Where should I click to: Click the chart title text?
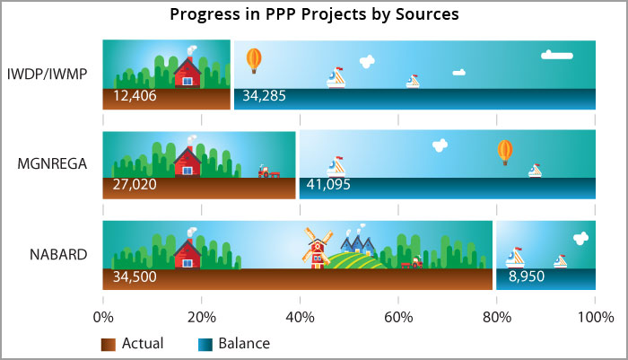click(x=314, y=14)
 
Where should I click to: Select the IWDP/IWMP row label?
click(x=48, y=75)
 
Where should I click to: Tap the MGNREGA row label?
click(x=52, y=164)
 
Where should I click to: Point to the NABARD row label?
click(x=58, y=255)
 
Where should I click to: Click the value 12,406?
click(x=135, y=96)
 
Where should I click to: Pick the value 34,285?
click(x=265, y=96)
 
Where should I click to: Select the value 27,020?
click(x=135, y=184)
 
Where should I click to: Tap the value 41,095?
click(x=328, y=184)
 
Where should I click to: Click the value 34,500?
click(x=135, y=277)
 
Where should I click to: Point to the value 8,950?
click(x=527, y=277)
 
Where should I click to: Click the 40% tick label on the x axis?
click(x=300, y=318)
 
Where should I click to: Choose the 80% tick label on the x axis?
click(x=497, y=318)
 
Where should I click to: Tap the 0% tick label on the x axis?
click(x=103, y=318)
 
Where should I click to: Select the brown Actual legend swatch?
click(x=109, y=345)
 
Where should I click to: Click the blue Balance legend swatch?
click(x=205, y=345)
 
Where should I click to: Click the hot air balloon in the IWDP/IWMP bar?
click(x=254, y=60)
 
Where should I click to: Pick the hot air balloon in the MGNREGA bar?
click(x=505, y=153)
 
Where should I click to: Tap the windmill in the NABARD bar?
click(x=318, y=248)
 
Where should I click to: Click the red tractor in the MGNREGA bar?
click(x=268, y=171)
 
